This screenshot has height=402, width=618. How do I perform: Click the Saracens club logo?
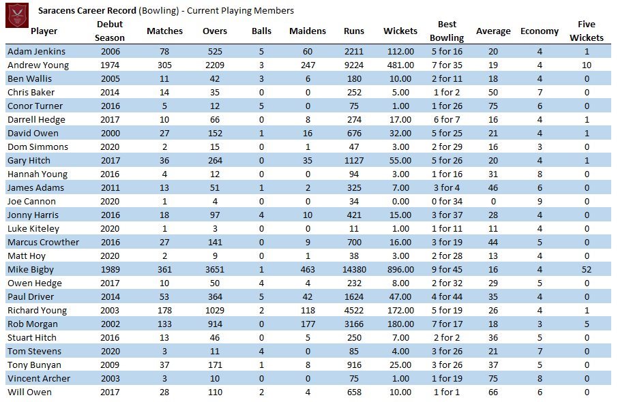click(x=17, y=16)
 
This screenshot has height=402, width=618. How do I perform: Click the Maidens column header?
click(x=308, y=31)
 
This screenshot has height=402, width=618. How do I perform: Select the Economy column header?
click(x=539, y=31)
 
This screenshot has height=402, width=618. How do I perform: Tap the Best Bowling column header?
click(x=447, y=31)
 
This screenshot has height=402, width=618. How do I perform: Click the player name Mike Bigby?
click(x=30, y=270)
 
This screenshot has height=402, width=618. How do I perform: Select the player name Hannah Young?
click(x=38, y=174)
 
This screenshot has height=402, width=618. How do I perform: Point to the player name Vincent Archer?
click(x=39, y=378)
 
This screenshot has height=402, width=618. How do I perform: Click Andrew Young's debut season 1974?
click(x=110, y=65)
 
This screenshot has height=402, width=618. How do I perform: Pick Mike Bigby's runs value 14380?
click(x=354, y=270)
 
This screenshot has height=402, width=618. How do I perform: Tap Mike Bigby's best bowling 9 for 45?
click(x=447, y=270)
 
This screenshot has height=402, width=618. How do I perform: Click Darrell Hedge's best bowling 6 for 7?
click(x=447, y=120)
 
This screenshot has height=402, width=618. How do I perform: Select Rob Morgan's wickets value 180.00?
click(x=400, y=324)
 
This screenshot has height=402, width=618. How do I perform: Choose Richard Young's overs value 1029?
click(x=215, y=310)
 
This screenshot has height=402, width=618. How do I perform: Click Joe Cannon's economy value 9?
click(x=540, y=202)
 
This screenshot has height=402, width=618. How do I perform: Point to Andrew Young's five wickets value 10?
click(x=587, y=65)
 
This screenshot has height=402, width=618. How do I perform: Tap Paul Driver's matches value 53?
click(x=164, y=297)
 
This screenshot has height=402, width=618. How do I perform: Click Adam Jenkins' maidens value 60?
click(x=308, y=52)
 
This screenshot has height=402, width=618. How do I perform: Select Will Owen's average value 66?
click(x=493, y=392)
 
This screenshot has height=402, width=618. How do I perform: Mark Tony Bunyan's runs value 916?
click(x=354, y=365)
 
